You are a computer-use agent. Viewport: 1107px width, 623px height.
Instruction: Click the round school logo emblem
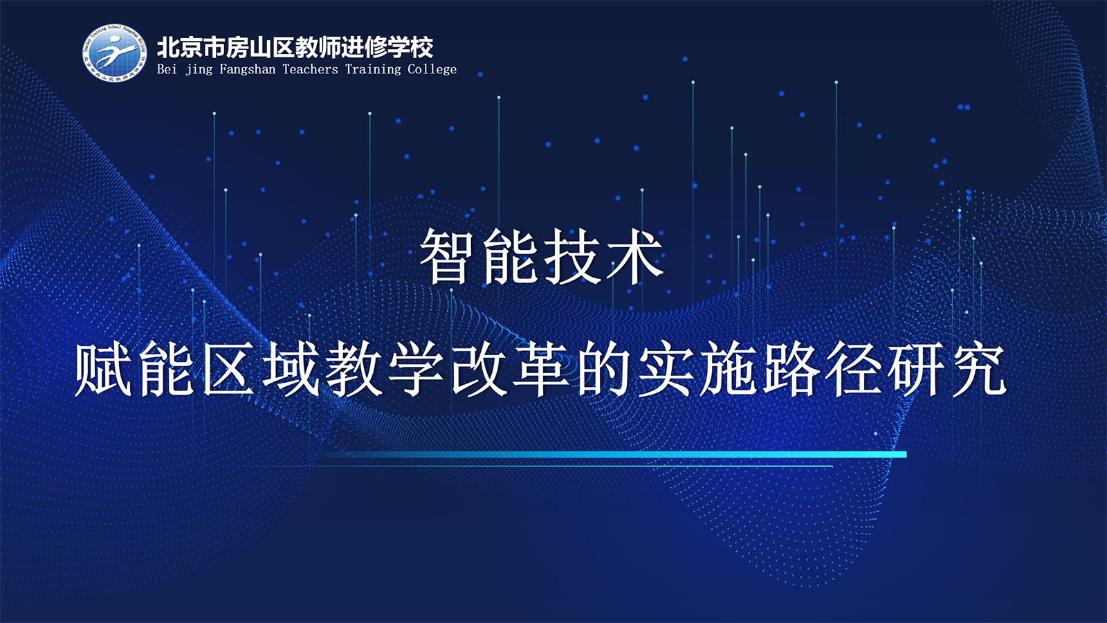point(115,53)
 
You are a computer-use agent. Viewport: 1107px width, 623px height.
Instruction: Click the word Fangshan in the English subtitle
point(247,69)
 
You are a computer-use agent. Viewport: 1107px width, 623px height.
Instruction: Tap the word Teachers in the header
point(311,69)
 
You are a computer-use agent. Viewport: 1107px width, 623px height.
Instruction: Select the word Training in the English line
point(373,69)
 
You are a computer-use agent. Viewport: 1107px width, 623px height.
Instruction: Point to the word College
point(432,69)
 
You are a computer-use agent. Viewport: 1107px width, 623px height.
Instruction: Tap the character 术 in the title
point(634,257)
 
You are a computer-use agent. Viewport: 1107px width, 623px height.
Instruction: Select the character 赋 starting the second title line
point(103,368)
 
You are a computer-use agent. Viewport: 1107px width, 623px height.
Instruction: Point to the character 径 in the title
point(854,368)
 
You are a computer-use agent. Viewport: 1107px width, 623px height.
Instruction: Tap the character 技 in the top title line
point(572,257)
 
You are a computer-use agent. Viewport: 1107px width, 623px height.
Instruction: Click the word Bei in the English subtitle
point(167,69)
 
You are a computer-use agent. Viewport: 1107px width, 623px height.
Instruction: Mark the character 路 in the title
point(792,368)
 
